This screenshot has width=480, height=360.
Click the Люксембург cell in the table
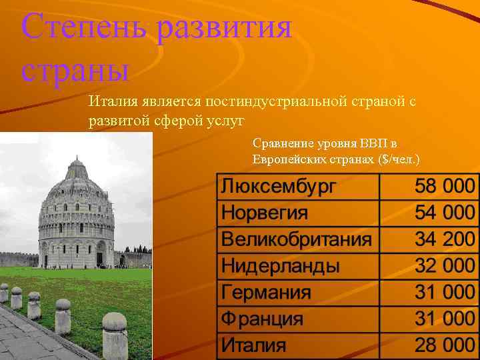(x=279, y=187)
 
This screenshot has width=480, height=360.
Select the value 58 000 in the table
(x=445, y=187)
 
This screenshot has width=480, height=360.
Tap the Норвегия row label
(x=265, y=213)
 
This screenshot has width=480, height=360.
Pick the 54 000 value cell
(x=445, y=213)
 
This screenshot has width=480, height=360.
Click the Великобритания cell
(x=296, y=239)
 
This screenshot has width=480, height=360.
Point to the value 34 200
(x=445, y=239)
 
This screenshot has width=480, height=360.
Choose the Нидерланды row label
(x=280, y=266)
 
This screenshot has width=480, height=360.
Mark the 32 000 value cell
(x=445, y=266)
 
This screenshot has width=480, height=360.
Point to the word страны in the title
(x=75, y=69)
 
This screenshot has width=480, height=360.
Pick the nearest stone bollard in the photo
(x=114, y=330)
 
